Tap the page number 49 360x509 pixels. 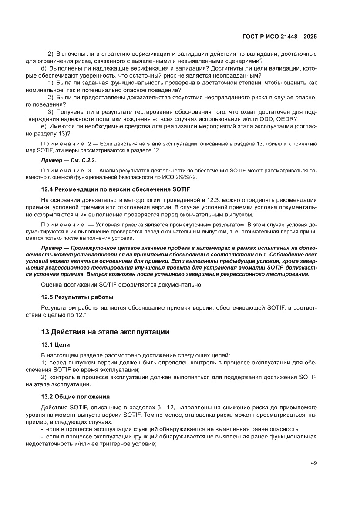pos(313,463)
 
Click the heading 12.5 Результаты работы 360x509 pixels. pos(77,297)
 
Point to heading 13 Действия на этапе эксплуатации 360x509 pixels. pos(105,332)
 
